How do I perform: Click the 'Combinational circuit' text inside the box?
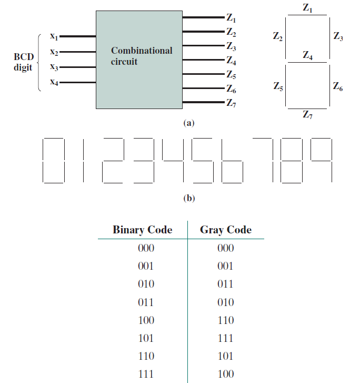click(141, 56)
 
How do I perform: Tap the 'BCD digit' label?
click(23, 61)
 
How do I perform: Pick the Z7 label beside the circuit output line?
click(231, 102)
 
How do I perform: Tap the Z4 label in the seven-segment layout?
click(308, 55)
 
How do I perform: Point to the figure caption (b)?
click(188, 199)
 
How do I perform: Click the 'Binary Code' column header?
click(142, 230)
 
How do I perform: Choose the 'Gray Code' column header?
click(226, 230)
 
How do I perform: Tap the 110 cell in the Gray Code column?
click(226, 320)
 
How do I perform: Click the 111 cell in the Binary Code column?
click(145, 374)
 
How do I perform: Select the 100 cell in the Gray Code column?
click(226, 374)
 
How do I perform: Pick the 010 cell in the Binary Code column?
click(145, 284)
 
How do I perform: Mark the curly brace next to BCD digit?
click(38, 62)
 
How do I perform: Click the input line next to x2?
click(78, 52)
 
